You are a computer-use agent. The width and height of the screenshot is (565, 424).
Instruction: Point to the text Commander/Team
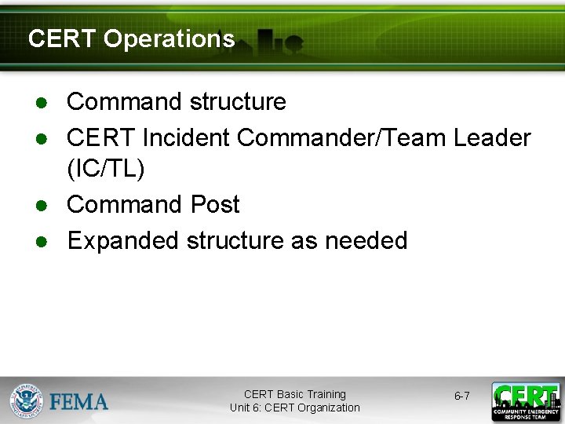[x=341, y=138]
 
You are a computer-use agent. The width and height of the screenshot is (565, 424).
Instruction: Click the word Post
[x=214, y=205]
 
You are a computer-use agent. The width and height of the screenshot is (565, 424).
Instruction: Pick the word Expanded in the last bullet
[x=123, y=240]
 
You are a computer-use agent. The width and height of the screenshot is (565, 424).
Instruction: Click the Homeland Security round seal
[x=26, y=400]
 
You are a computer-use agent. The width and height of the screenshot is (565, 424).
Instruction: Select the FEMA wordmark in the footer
[x=78, y=402]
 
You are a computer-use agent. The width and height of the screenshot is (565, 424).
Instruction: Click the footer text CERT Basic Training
[x=294, y=394]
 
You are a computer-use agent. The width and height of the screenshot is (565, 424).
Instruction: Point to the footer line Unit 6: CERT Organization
[x=294, y=408]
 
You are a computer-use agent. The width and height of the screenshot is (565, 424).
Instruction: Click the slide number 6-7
[x=461, y=397]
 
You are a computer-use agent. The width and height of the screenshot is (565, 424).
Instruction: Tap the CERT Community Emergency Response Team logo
[x=525, y=402]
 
